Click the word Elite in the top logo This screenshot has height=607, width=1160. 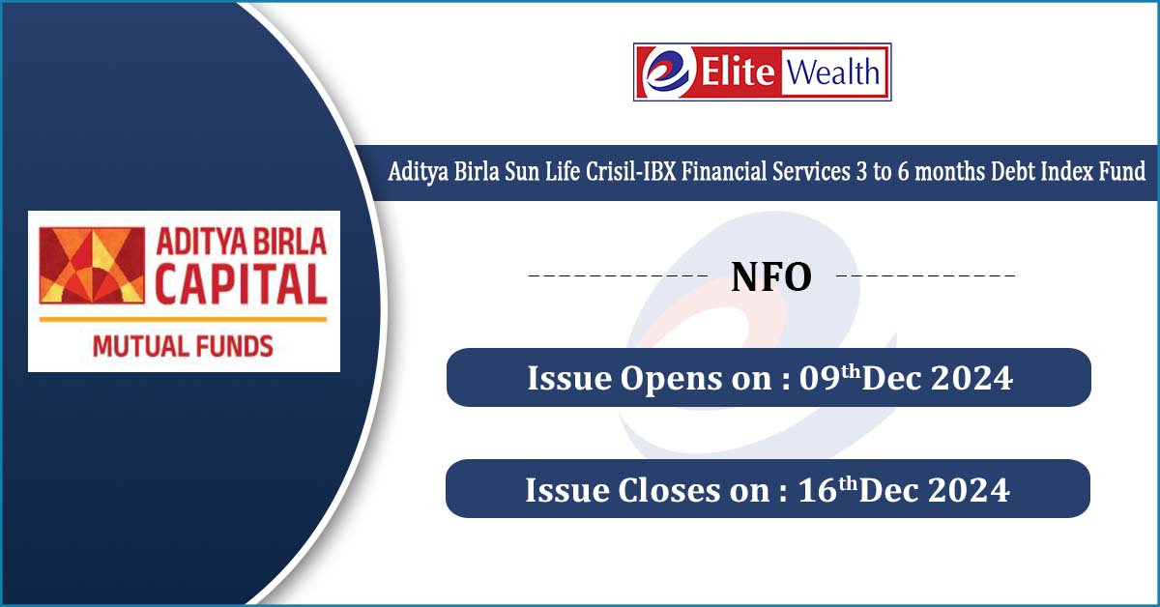tap(738, 71)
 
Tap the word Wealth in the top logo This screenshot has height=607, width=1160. tap(832, 72)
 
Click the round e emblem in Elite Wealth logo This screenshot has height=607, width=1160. tap(667, 72)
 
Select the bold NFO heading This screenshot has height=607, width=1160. tap(771, 277)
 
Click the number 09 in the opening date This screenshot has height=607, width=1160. tap(820, 378)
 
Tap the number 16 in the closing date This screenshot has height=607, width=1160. tap(818, 490)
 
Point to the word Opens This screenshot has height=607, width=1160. tap(671, 380)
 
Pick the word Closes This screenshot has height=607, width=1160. tap(669, 490)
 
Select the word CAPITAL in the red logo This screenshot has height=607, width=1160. tap(242, 284)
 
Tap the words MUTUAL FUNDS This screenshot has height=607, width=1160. tap(183, 346)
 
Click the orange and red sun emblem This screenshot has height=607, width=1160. tap(92, 265)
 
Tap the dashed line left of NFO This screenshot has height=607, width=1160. tap(618, 275)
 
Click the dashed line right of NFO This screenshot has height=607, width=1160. tap(926, 275)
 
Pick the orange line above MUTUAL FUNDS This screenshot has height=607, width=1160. tap(184, 320)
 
